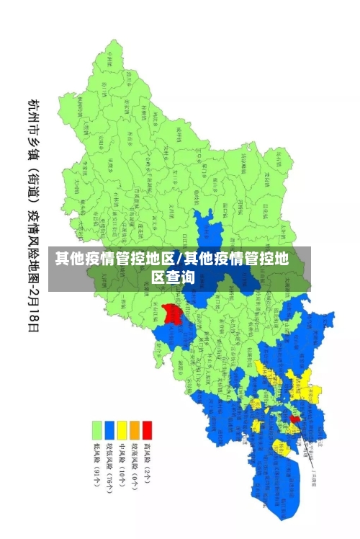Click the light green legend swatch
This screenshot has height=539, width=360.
point(96,430)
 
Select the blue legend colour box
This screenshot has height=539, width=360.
point(109,430)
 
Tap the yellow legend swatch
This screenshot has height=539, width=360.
point(122,430)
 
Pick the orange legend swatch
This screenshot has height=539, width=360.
point(135,430)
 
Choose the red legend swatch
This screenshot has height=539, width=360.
point(148,430)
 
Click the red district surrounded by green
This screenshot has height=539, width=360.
point(171,314)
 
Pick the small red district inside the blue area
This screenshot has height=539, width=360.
point(294,418)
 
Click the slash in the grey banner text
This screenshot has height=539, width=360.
point(180,259)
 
